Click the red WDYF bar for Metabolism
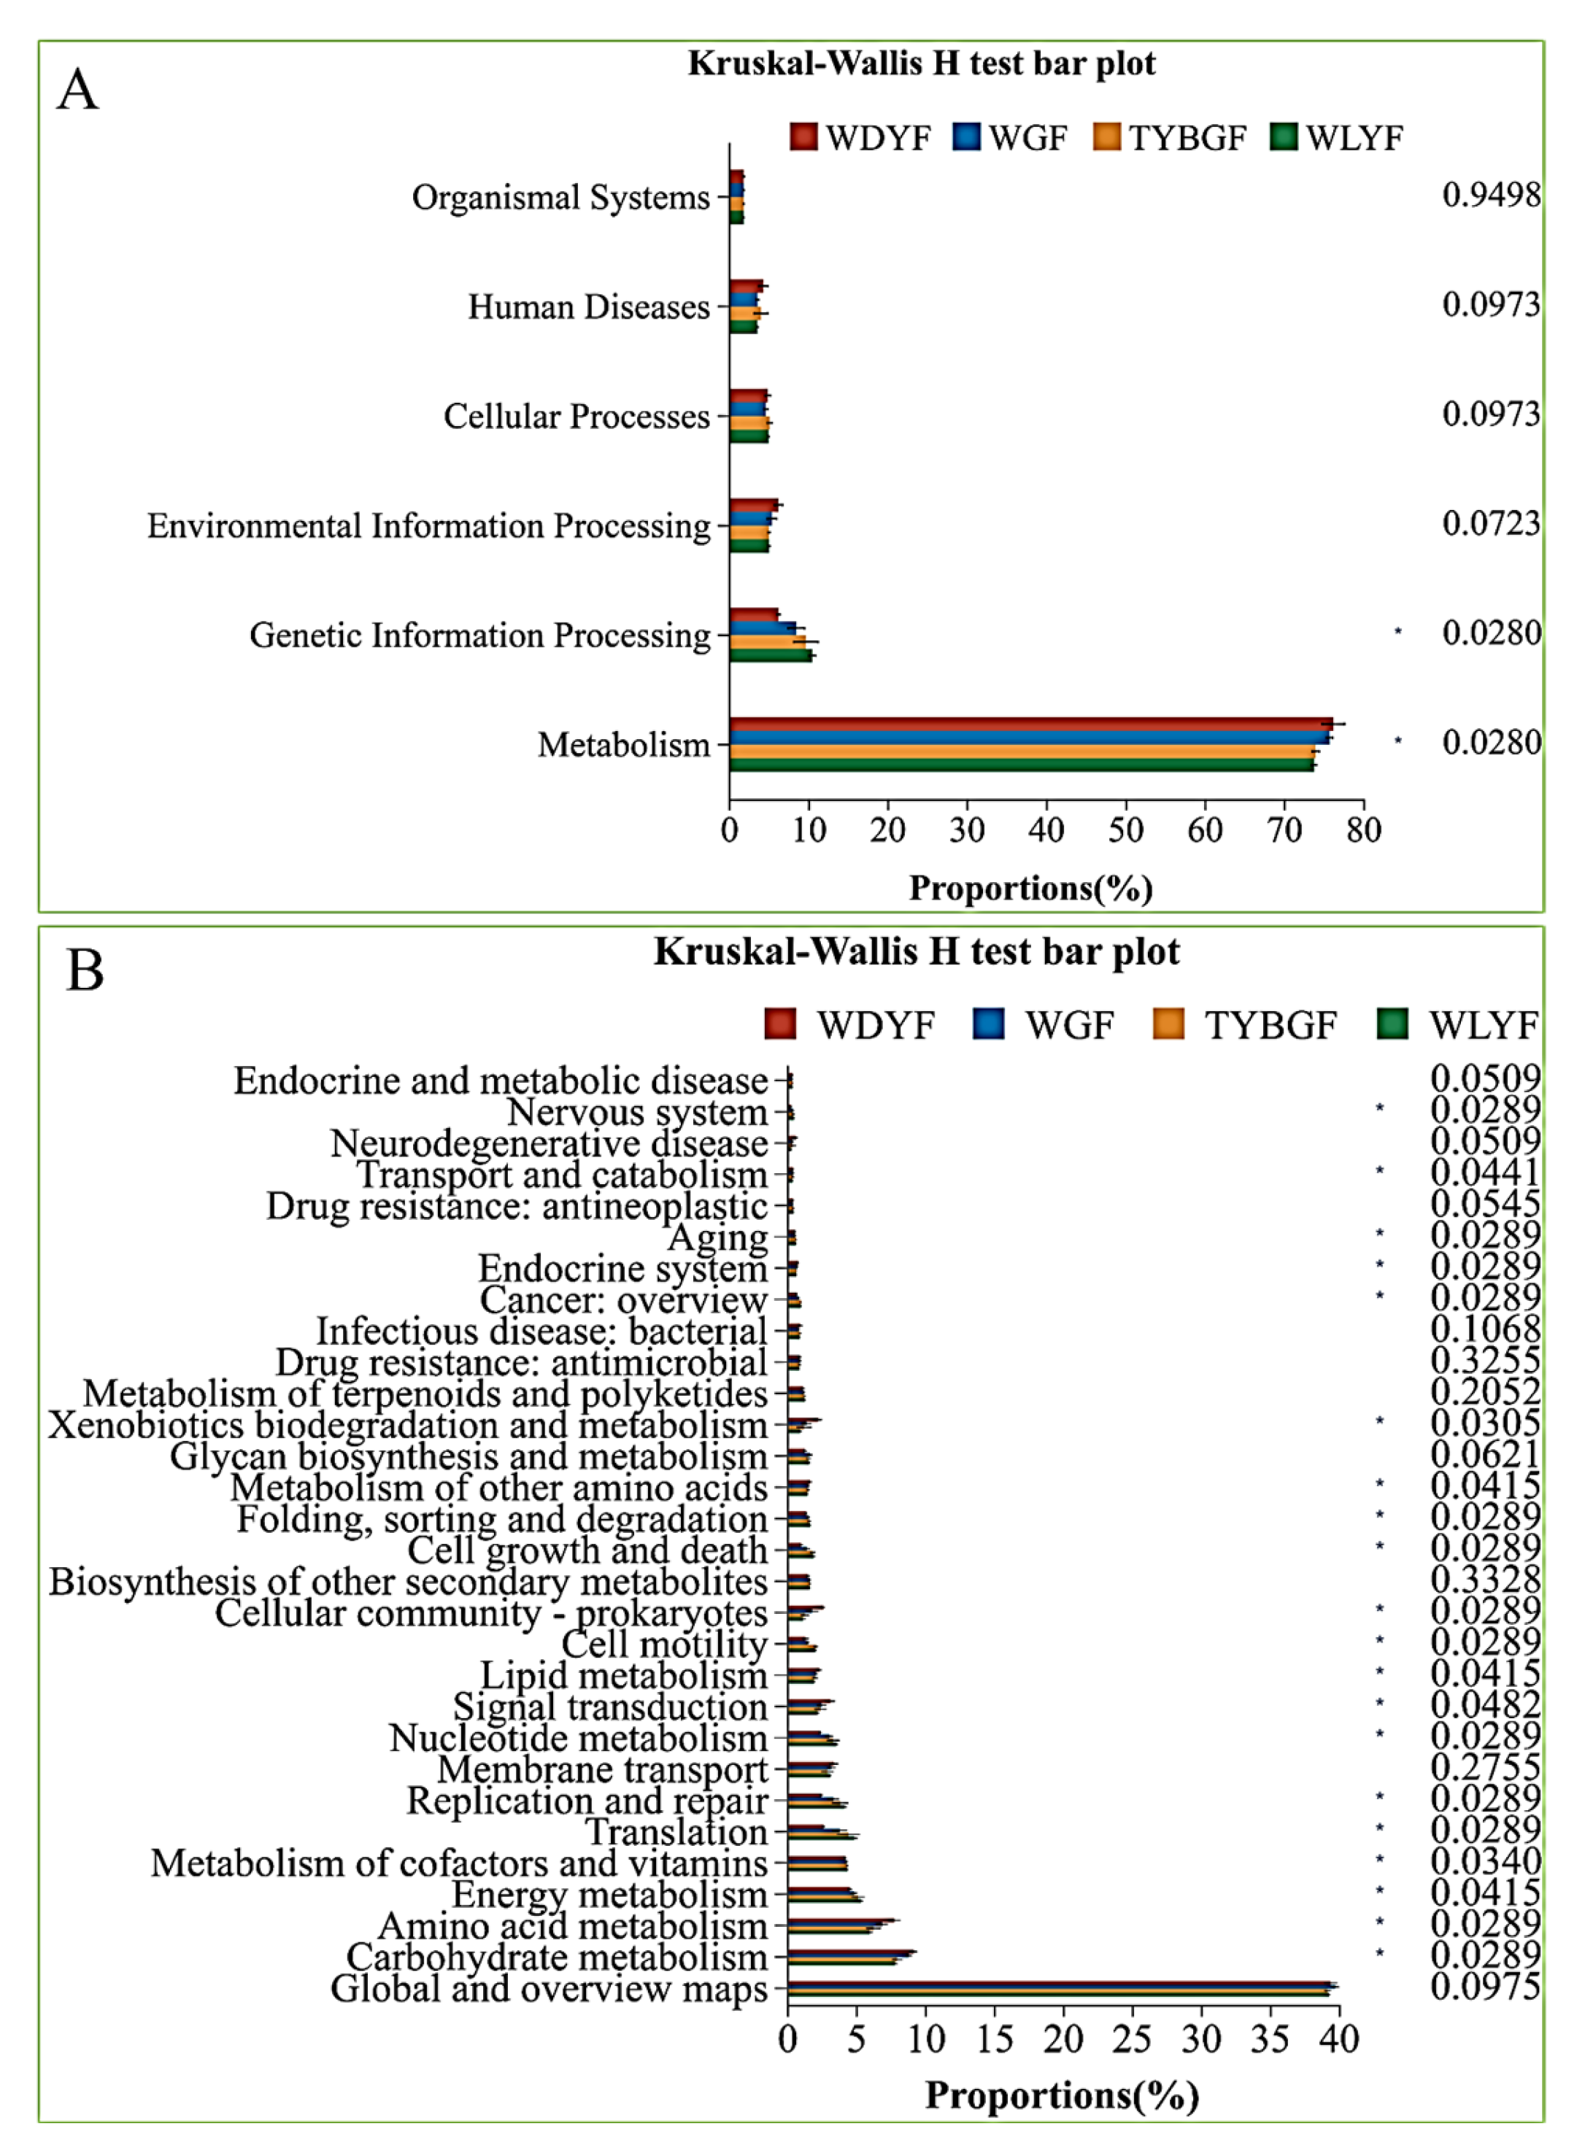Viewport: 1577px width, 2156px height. click(x=1031, y=724)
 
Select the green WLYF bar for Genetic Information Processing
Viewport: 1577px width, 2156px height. click(x=769, y=656)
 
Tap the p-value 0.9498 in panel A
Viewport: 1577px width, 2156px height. click(x=1490, y=195)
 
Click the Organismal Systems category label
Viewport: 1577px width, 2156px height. click(x=560, y=198)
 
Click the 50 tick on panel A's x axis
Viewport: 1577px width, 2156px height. click(x=1125, y=830)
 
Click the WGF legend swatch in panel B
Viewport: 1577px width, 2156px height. click(x=988, y=1024)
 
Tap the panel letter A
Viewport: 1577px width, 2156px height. click(x=77, y=90)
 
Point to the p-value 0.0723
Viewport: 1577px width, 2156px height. click(x=1490, y=523)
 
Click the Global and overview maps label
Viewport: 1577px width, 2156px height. click(x=549, y=1989)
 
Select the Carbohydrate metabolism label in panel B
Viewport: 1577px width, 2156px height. click(x=557, y=1958)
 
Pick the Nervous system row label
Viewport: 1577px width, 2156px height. click(x=637, y=1112)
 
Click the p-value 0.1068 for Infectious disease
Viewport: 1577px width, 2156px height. click(x=1484, y=1329)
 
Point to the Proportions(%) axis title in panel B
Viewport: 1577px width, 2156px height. click(x=1062, y=2096)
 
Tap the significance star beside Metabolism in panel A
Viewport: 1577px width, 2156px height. click(x=1398, y=741)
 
